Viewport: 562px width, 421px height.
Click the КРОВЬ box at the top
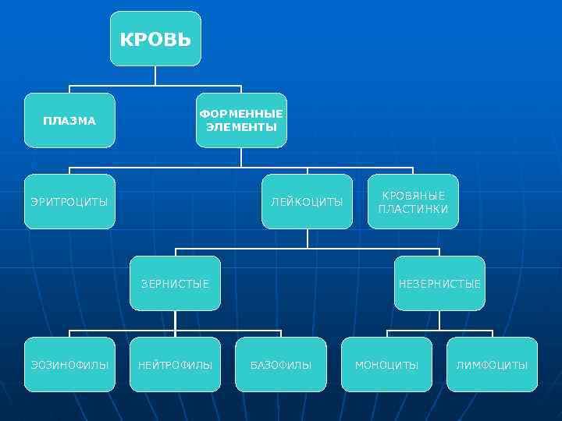pos(155,39)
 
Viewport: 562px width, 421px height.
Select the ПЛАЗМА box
pos(69,121)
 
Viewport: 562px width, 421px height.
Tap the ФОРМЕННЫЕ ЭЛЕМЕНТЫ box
pos(241,121)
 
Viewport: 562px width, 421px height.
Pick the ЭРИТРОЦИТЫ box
pos(69,202)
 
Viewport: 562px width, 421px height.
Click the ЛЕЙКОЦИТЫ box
pos(307,202)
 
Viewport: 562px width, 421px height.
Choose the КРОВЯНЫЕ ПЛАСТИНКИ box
pos(413,202)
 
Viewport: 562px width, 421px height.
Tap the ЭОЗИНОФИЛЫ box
pos(69,365)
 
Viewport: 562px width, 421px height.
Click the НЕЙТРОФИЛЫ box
pos(175,365)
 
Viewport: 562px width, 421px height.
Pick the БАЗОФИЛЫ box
pos(281,365)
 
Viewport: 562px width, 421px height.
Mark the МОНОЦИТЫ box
pos(386,365)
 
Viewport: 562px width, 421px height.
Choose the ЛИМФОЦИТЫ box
pos(492,365)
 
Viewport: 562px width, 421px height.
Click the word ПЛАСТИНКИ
pos(413,209)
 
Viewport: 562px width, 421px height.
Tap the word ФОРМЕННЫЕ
pos(241,115)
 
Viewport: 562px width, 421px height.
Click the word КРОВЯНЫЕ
pos(413,196)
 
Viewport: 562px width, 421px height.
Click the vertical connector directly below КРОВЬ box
pos(155,75)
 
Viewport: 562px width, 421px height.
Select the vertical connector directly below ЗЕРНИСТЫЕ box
pos(175,320)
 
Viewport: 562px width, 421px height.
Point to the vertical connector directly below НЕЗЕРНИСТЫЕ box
pos(439,320)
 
